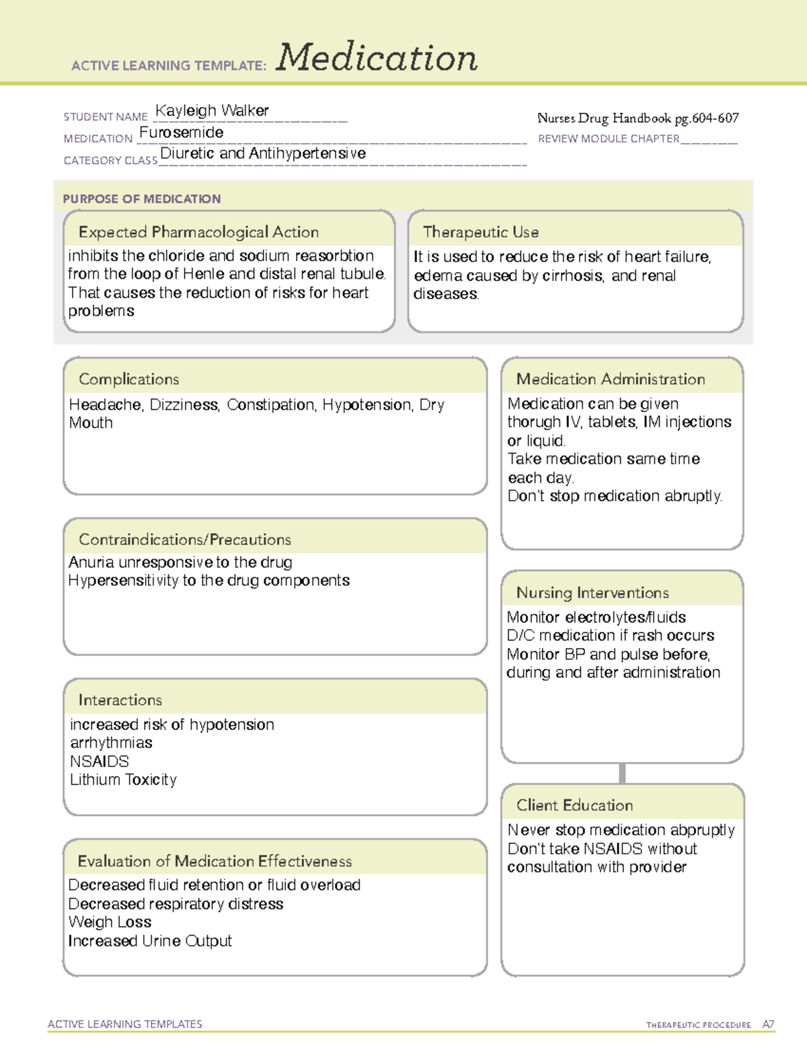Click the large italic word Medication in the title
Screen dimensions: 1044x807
point(377,58)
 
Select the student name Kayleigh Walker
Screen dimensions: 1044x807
point(212,110)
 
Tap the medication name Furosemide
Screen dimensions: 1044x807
point(182,132)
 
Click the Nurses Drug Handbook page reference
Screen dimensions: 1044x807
point(638,118)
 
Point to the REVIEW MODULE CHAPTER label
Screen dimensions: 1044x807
point(609,139)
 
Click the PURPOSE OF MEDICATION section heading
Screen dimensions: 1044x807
point(142,199)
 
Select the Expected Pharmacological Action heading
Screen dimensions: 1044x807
point(198,232)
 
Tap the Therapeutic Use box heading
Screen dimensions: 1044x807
point(481,232)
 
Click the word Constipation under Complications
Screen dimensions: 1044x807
point(271,405)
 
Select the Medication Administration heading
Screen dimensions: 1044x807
point(611,379)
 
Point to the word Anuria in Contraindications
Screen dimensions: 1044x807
point(91,562)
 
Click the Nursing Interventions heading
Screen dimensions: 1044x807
point(592,593)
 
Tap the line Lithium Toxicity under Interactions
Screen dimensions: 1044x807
point(123,780)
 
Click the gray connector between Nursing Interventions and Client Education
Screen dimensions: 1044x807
point(622,773)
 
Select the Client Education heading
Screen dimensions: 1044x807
point(575,805)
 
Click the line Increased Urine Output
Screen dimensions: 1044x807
point(149,941)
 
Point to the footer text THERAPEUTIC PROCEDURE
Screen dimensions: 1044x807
point(699,1025)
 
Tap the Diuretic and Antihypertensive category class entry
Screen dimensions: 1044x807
point(263,153)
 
